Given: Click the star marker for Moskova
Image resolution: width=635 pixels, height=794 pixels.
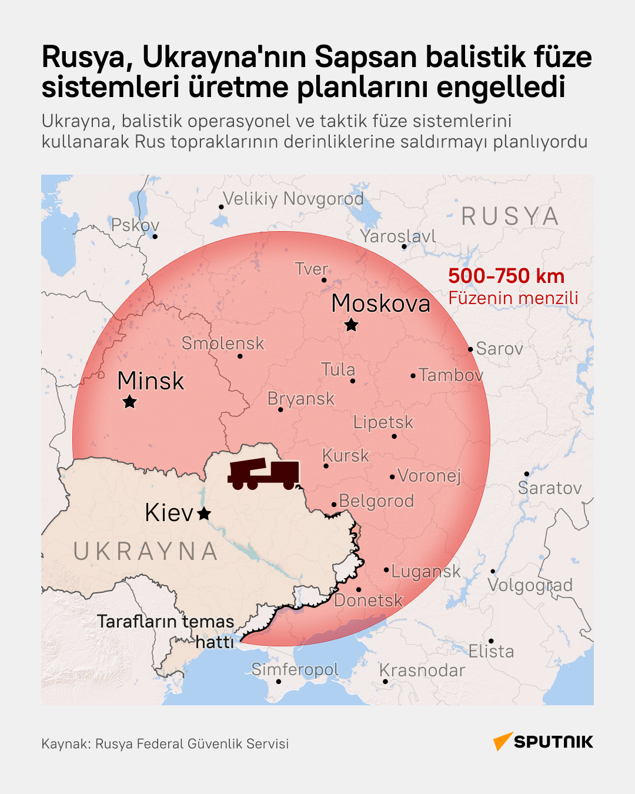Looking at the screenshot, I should (x=351, y=325).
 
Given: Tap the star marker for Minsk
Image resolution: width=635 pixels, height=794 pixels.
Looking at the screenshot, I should (x=129, y=402).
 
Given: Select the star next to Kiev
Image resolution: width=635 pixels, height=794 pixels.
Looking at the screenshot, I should (x=204, y=513).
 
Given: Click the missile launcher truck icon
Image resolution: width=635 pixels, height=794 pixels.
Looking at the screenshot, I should (x=263, y=474).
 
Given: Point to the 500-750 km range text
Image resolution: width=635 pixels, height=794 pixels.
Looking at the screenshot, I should (x=506, y=276).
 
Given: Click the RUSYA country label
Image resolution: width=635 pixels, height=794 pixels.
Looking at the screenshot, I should (x=510, y=216).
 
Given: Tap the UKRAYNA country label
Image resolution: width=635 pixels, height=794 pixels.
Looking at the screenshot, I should (x=146, y=552).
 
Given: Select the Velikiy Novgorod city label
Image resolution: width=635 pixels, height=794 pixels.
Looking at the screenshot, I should (x=293, y=199).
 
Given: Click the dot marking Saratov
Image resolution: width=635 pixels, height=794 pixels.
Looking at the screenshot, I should (x=527, y=473).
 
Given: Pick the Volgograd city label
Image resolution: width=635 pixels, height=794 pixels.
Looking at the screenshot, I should (x=530, y=585).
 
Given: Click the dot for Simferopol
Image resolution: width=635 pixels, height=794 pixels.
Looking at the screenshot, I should (x=279, y=682).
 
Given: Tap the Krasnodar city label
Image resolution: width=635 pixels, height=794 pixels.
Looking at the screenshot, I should (x=422, y=670).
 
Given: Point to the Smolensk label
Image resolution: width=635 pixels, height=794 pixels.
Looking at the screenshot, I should (x=223, y=343).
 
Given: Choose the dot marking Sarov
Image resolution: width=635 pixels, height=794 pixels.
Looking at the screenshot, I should (x=470, y=349).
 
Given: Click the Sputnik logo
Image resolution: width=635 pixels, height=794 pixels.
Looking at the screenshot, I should (x=543, y=742).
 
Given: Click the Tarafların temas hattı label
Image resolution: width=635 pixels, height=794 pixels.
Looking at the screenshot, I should (x=166, y=631).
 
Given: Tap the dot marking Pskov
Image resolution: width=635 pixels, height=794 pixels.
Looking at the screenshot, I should (x=155, y=236).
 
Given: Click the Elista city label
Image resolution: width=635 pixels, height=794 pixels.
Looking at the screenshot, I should (x=491, y=651).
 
